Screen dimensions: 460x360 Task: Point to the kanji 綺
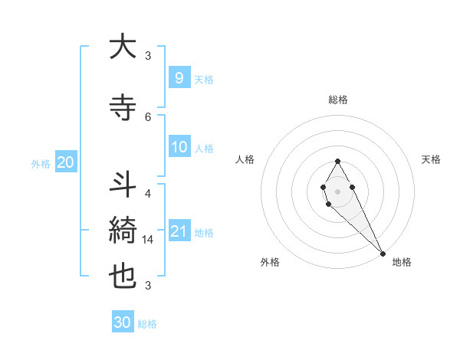pos(123,229)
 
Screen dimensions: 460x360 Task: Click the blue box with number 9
pos(179,77)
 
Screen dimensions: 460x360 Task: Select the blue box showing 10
pos(179,147)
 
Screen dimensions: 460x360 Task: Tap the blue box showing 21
pos(179,231)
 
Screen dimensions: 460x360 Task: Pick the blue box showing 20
pos(65,162)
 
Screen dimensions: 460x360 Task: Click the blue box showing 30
pos(122,322)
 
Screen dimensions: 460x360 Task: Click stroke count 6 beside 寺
pos(148,116)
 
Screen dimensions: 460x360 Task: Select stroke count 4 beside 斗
pos(148,194)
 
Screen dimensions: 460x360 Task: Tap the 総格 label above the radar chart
pos(337,100)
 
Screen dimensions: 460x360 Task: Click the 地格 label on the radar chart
pos(402,262)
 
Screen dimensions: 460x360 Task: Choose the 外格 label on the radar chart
pos(270,262)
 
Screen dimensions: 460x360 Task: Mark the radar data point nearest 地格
pos(383,252)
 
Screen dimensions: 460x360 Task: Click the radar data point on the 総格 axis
pos(337,161)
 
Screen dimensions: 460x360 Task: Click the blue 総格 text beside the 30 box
pos(147,324)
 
